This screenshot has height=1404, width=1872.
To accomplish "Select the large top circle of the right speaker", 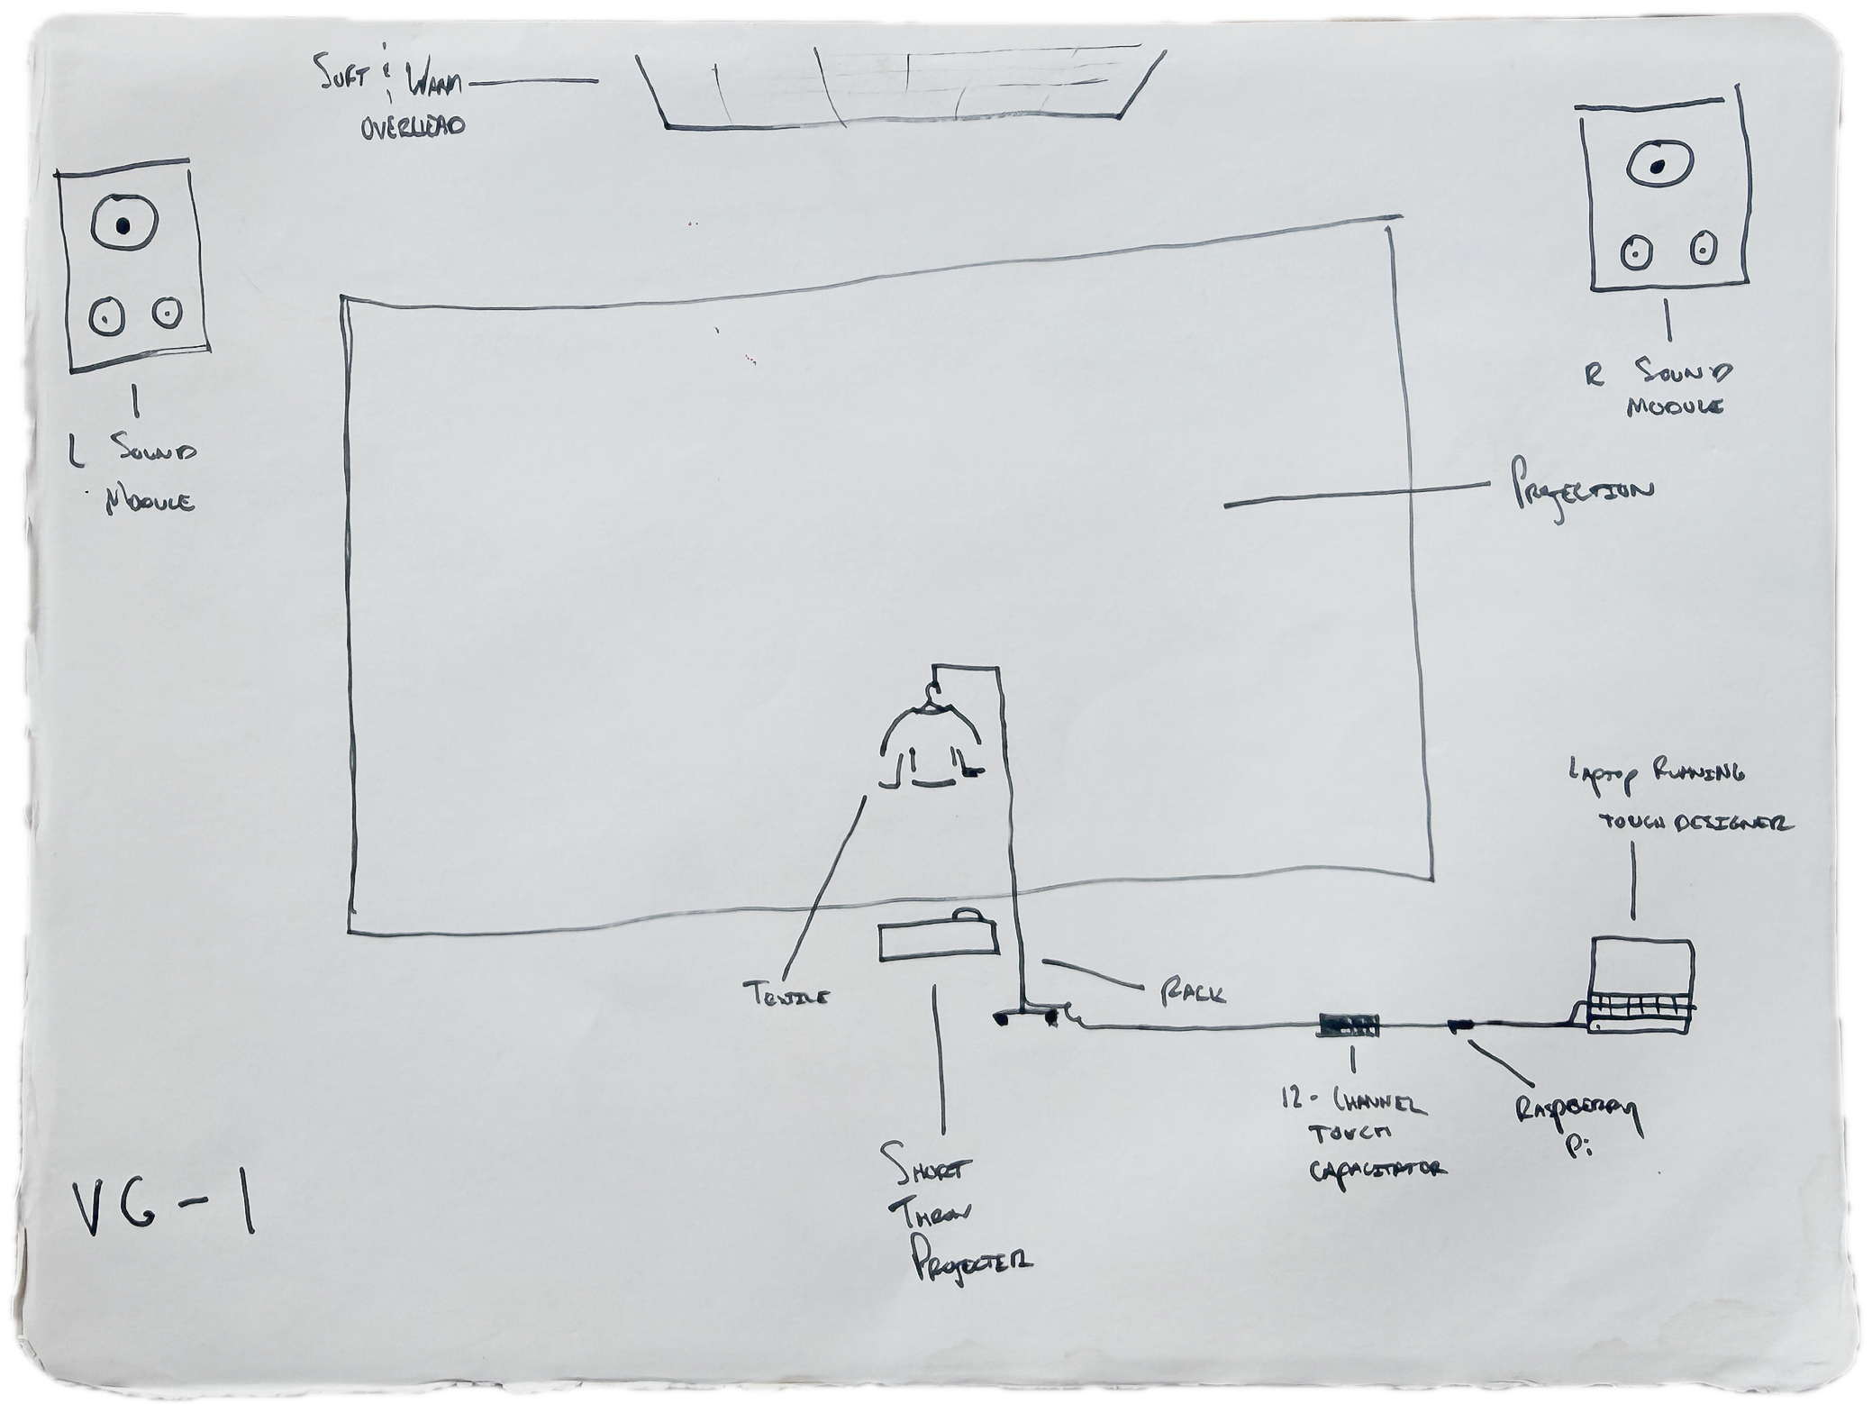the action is click(x=1656, y=166).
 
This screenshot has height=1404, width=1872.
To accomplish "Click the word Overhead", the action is click(x=413, y=128).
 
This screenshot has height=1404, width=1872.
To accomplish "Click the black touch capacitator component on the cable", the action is click(x=1349, y=1025).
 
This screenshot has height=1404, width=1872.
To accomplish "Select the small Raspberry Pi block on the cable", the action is click(x=1459, y=1024).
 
